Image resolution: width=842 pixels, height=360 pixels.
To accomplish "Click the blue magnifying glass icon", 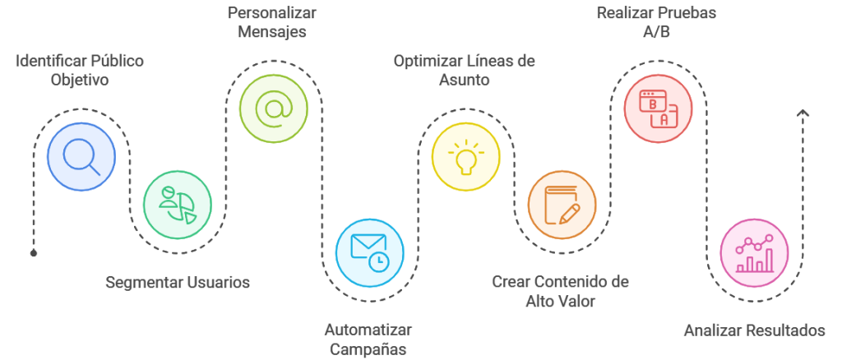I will click(x=82, y=155).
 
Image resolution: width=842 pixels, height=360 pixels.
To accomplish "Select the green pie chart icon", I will click(x=178, y=205).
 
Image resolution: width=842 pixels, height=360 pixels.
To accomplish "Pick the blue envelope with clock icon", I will click(x=369, y=252).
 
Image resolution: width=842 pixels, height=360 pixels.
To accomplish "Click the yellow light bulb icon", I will click(x=466, y=156).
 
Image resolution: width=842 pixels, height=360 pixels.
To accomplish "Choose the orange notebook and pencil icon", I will click(x=562, y=205).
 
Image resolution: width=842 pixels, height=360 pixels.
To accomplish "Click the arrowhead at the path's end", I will click(x=803, y=113).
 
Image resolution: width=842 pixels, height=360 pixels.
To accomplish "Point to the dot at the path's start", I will click(x=34, y=252).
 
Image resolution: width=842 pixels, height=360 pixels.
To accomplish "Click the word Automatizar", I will click(x=368, y=330).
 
